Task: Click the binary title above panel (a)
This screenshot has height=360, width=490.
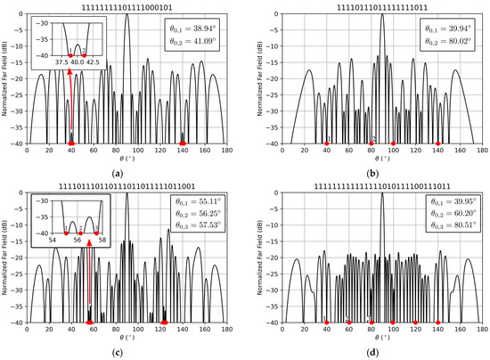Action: point(127,6)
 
